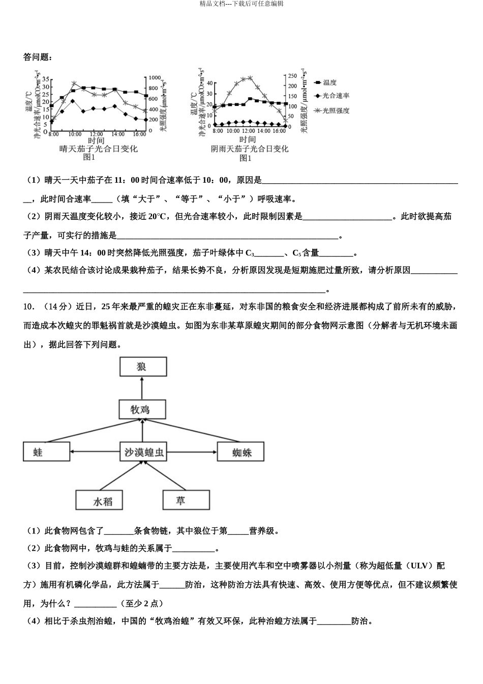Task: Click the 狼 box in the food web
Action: (x=143, y=366)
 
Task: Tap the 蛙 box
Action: (x=46, y=451)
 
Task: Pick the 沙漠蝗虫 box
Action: (x=144, y=451)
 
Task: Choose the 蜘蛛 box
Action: (x=241, y=451)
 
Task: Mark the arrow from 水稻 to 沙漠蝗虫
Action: (x=119, y=476)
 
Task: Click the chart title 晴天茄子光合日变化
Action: (x=98, y=149)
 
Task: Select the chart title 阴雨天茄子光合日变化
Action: (x=249, y=149)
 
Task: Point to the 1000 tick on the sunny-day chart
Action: (x=154, y=78)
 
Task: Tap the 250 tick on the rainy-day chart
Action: (x=292, y=76)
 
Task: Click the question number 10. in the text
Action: (x=29, y=306)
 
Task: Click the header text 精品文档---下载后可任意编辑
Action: (x=242, y=4)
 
